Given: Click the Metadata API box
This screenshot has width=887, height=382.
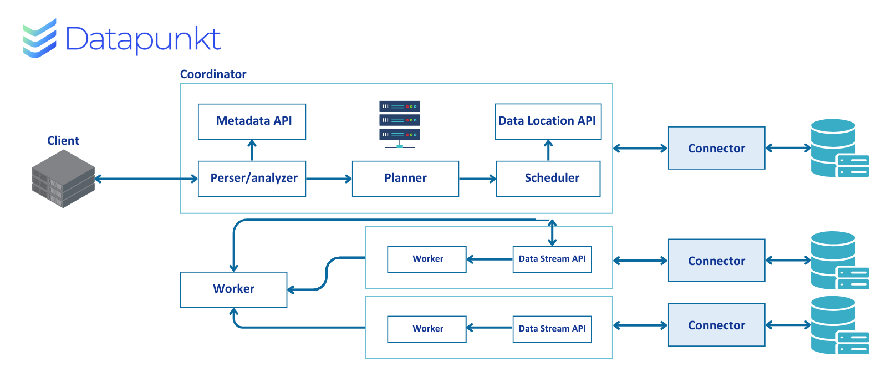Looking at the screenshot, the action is [x=252, y=121].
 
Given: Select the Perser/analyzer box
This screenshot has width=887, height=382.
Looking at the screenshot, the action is [x=252, y=179].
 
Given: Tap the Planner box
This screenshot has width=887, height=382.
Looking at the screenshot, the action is [x=405, y=179].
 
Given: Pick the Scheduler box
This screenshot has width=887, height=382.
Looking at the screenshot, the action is [x=548, y=179].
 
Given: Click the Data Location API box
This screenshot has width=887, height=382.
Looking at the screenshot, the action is [x=548, y=121].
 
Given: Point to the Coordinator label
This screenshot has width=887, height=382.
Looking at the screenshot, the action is [x=213, y=74].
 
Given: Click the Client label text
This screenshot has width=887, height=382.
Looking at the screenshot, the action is [x=63, y=140].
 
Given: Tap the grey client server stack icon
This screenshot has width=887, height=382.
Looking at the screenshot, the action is [x=63, y=179].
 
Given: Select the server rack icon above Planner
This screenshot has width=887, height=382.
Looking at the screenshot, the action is [x=400, y=124].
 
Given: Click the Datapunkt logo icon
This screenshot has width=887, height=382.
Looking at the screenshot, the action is [x=39, y=38].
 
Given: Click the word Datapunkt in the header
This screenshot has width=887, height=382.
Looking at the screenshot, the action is [x=143, y=39].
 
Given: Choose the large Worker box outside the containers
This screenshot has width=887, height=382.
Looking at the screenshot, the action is [x=233, y=290].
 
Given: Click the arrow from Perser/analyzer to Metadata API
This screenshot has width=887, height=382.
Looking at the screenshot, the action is [x=252, y=150].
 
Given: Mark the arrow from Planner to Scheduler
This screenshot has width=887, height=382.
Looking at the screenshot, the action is [x=477, y=179].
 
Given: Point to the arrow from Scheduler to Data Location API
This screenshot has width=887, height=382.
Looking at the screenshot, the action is [x=548, y=150].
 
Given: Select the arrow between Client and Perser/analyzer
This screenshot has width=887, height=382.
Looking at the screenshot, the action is [x=146, y=179].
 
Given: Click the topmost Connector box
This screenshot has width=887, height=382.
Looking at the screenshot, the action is [x=717, y=148].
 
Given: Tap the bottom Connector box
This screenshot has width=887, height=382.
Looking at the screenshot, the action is [x=717, y=325].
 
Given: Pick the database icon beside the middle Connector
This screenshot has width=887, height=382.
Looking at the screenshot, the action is [x=839, y=261].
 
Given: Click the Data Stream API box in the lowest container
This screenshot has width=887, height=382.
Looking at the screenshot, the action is [x=552, y=329].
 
